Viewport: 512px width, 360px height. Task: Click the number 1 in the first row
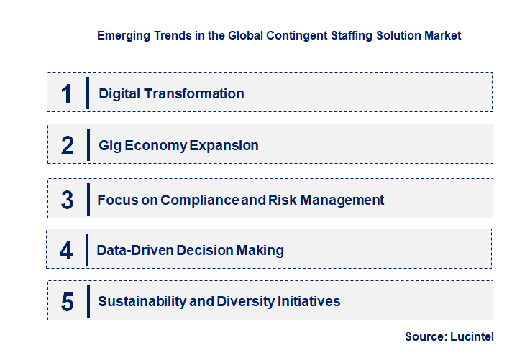[x=67, y=93]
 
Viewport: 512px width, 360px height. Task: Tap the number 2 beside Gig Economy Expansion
[x=68, y=145]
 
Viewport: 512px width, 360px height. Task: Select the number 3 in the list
[x=68, y=200]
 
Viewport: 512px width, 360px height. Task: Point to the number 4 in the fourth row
[x=67, y=250]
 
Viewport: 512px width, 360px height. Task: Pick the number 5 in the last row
[x=68, y=302]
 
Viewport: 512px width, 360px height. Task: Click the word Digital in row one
[x=119, y=93]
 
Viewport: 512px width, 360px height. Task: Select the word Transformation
[x=194, y=93]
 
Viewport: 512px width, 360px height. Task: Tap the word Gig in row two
[x=110, y=145]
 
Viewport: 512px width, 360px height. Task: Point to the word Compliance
[x=199, y=200]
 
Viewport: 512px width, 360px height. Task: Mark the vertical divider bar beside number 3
[x=88, y=198]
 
